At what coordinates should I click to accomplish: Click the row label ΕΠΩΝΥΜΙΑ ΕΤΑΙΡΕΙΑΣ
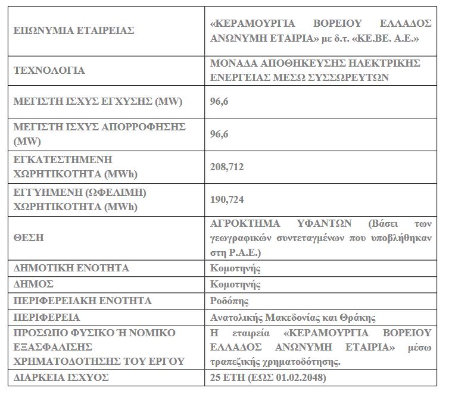[x=74, y=30]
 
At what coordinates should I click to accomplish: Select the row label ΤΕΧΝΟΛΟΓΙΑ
[x=49, y=70]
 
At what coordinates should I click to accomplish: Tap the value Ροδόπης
[x=230, y=301]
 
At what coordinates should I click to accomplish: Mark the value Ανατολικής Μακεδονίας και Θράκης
[x=294, y=317]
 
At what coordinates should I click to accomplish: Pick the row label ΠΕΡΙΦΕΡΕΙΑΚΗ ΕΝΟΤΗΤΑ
[x=82, y=301]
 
